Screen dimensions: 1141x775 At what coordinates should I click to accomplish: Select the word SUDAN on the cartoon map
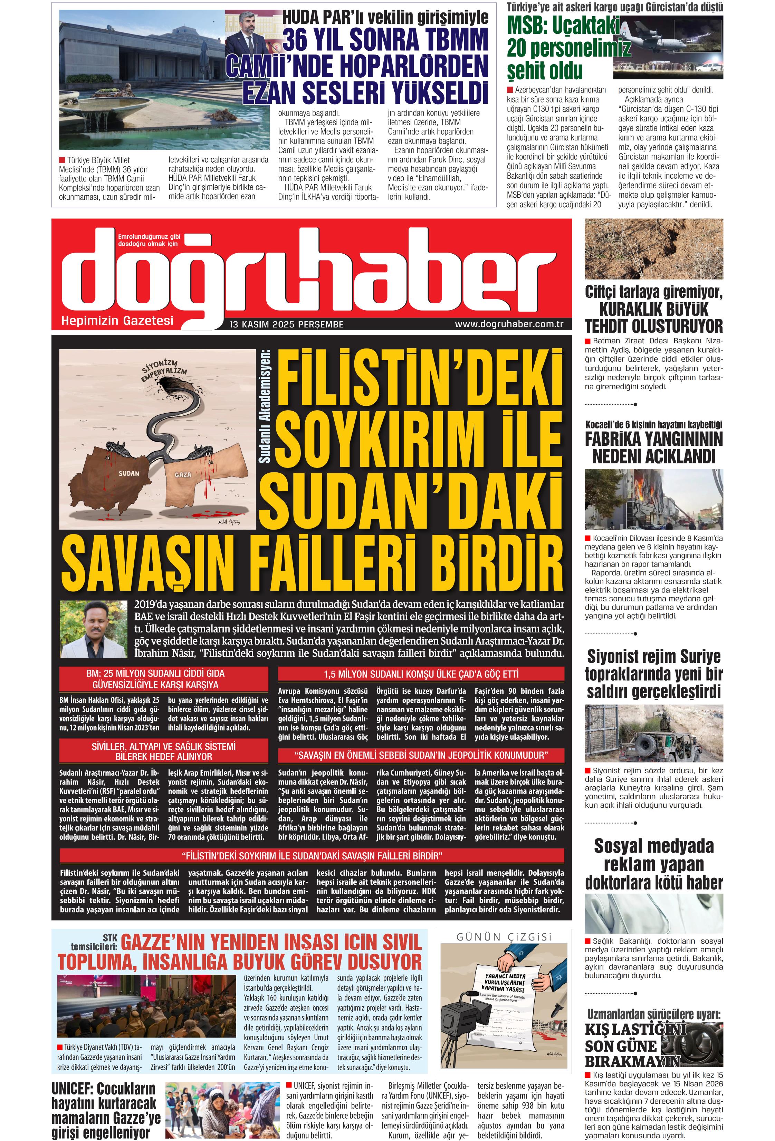pos(129,473)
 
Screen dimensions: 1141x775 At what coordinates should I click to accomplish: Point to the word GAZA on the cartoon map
pos(183,475)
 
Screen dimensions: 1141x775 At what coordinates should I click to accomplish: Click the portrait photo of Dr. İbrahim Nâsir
pos(93,629)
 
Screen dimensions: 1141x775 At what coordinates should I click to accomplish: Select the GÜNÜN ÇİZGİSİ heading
pos(504,937)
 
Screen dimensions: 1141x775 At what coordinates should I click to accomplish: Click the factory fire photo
pos(654,499)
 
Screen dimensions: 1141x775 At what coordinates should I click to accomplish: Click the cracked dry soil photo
pos(654,248)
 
